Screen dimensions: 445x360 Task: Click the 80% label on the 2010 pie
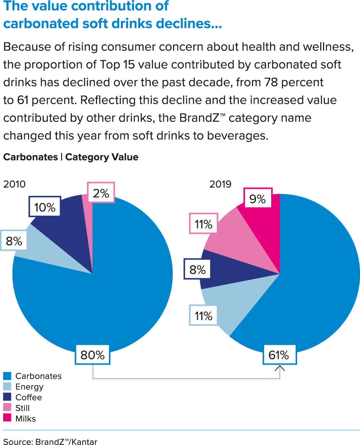pos(92,355)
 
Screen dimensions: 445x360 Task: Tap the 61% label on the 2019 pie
pos(279,355)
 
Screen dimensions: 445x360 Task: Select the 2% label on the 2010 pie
pos(101,193)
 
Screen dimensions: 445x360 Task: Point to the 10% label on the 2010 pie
pos(45,207)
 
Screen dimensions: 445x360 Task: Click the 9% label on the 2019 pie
pos(258,199)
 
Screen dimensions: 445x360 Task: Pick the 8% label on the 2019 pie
pos(198,269)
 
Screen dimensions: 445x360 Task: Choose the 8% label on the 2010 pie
pos(14,241)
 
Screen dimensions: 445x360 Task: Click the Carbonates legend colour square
pos(7,376)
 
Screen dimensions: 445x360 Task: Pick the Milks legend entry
pos(26,418)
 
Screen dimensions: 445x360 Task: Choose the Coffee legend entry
pos(28,397)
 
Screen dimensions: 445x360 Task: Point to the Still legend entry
pos(22,408)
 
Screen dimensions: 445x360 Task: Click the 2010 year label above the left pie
pos(15,184)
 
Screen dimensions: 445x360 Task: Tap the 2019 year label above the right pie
pos(220,184)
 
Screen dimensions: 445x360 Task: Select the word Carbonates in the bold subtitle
pos(31,157)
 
